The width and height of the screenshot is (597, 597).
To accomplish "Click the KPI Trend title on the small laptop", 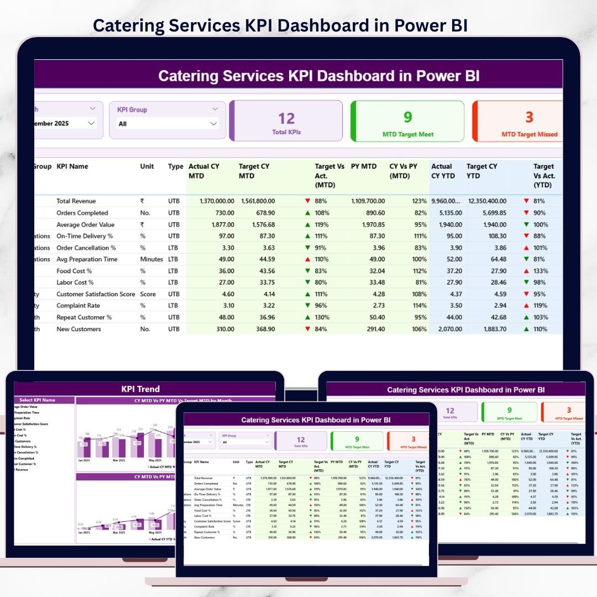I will [140, 389].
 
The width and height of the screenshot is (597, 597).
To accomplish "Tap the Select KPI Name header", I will [38, 400].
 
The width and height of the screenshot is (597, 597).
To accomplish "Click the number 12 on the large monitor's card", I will [286, 118].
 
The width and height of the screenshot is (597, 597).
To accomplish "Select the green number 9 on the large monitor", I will [408, 117].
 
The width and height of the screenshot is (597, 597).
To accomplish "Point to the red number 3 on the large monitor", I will [529, 117].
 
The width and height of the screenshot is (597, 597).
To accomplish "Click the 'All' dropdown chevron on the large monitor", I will [213, 124].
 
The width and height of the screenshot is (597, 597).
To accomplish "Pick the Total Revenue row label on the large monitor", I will [76, 201].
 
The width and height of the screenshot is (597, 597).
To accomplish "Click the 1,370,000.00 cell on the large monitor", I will [212, 201].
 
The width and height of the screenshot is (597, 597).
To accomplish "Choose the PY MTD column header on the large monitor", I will [364, 166].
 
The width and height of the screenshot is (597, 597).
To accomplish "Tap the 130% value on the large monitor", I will [323, 317].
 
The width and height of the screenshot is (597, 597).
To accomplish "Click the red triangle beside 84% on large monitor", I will [307, 329].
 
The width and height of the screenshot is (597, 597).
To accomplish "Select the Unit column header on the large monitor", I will [147, 166].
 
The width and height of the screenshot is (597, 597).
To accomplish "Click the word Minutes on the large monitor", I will [151, 259].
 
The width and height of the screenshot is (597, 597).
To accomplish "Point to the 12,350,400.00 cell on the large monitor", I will [486, 201].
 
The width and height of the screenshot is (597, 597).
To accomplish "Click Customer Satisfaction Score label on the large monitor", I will [96, 294].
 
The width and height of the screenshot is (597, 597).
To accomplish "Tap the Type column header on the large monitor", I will [176, 166].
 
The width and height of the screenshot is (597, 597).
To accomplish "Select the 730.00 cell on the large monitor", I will [222, 213].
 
